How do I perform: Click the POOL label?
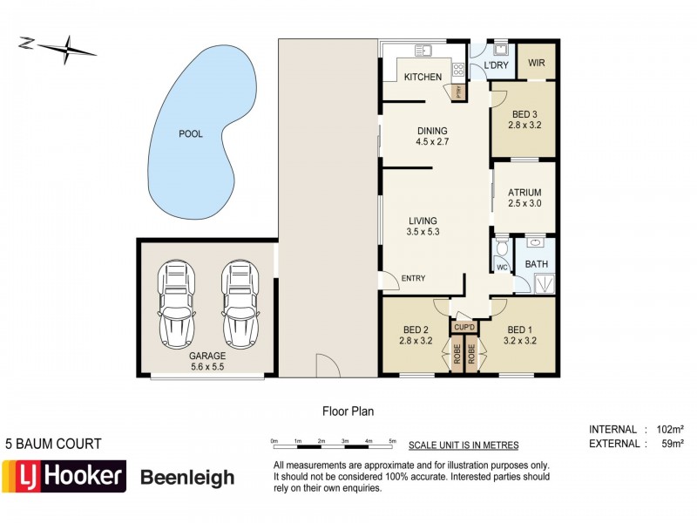click(x=190, y=134)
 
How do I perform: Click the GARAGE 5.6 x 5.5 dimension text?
click(x=207, y=362)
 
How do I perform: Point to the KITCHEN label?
click(x=423, y=78)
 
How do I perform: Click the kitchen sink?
click(x=423, y=50)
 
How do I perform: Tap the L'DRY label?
click(x=496, y=65)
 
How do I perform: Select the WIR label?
click(x=537, y=64)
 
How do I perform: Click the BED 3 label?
click(x=524, y=114)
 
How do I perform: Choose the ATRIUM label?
click(x=525, y=193)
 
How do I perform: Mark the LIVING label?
click(x=422, y=221)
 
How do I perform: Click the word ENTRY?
click(x=413, y=279)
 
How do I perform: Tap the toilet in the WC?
click(x=502, y=250)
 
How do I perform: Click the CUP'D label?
click(x=464, y=328)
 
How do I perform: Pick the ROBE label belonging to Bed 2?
click(x=456, y=355)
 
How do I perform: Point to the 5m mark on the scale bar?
click(x=392, y=440)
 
